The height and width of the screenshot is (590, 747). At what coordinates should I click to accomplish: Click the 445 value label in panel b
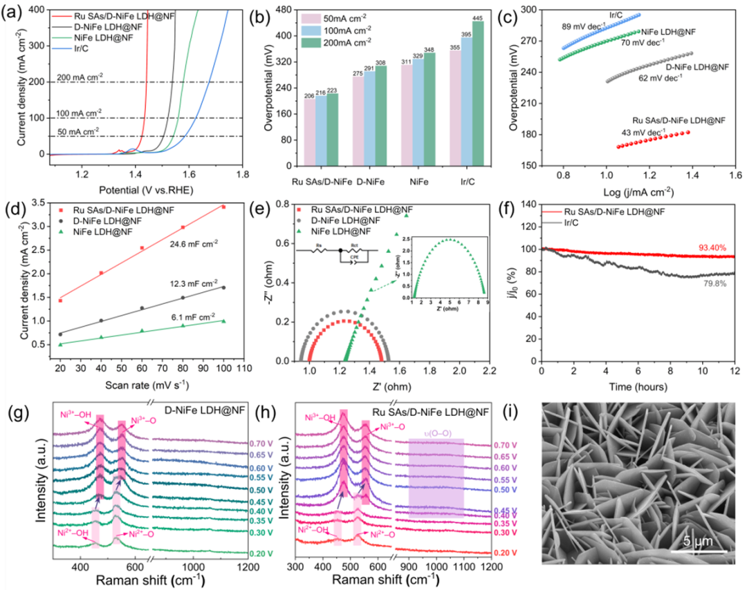click(478, 16)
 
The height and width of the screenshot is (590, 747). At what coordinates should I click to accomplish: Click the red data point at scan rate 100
click(223, 207)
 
